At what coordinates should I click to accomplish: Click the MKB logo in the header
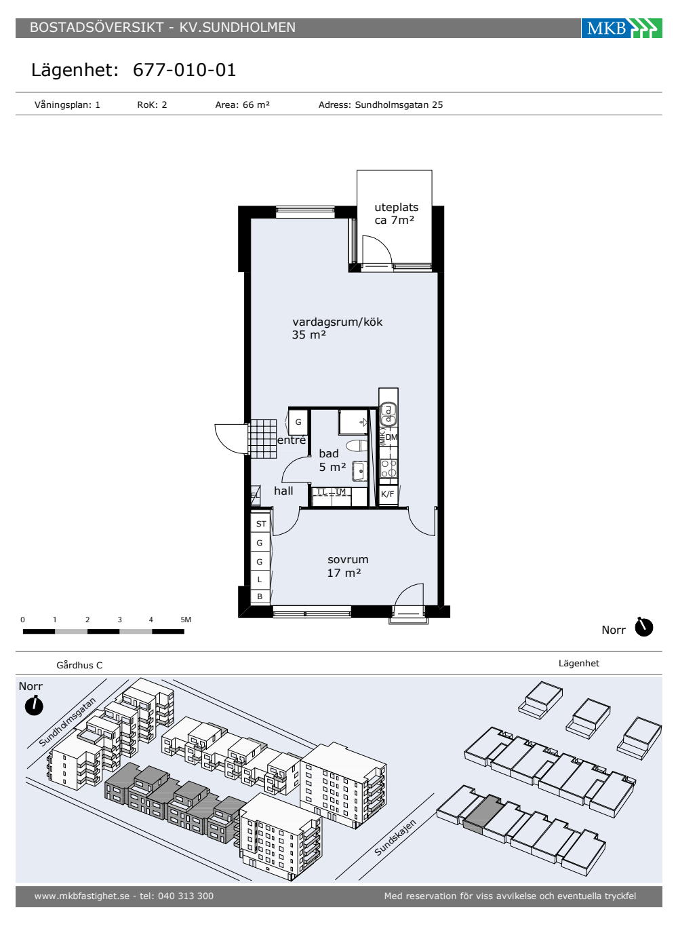pos(621,28)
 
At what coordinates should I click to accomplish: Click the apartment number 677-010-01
pos(184,70)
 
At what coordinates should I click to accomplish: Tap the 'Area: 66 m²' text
pos(243,104)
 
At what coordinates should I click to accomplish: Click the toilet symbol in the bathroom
pos(357,446)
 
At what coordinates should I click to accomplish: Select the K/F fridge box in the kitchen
pos(388,494)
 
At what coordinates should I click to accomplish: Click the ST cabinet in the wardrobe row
pos(260,523)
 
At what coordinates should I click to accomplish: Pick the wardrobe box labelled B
pos(260,596)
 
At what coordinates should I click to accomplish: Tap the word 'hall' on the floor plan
pos(283,491)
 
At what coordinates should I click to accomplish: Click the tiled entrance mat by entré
pos(262,439)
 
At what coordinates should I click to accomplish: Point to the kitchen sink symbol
pos(388,415)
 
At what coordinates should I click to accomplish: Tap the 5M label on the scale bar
pos(186,620)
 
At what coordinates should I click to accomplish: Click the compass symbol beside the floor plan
pos(643,627)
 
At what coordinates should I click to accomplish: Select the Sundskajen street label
pos(395,837)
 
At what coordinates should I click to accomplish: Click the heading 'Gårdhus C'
pos(80,666)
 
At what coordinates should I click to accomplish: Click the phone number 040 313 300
pos(186,896)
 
